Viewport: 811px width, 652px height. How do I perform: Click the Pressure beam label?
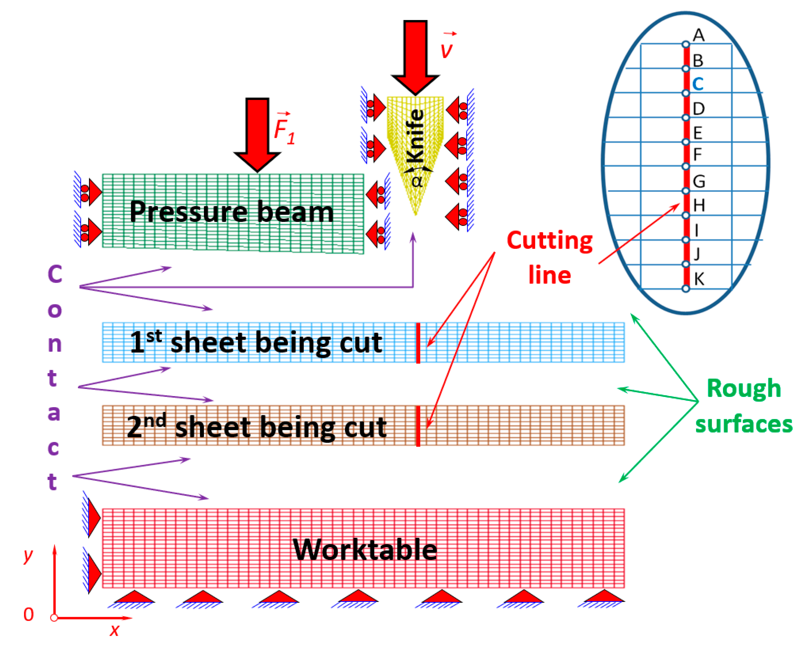tap(231, 212)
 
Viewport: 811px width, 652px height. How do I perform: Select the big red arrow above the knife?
tap(415, 56)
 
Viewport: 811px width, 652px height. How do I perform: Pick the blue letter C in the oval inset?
tap(698, 84)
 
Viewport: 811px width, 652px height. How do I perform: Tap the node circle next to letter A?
tap(686, 45)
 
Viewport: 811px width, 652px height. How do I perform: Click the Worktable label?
tap(365, 550)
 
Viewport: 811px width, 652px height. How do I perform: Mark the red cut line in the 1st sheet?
tap(418, 343)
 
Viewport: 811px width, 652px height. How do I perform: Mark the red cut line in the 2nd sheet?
tap(418, 426)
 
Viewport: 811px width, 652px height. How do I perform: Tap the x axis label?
tap(114, 630)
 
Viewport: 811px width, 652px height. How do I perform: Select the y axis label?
tap(28, 555)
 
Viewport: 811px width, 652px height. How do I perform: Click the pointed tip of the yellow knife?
tap(415, 214)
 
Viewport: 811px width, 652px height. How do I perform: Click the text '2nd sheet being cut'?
tap(256, 427)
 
